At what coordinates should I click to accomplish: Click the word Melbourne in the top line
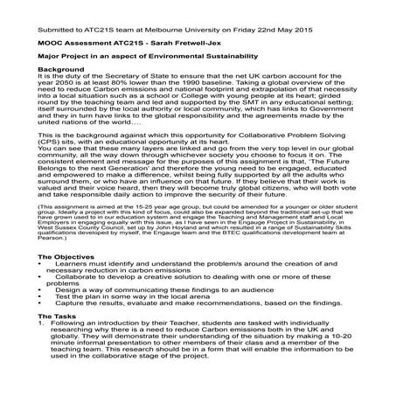(x=175, y=17)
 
